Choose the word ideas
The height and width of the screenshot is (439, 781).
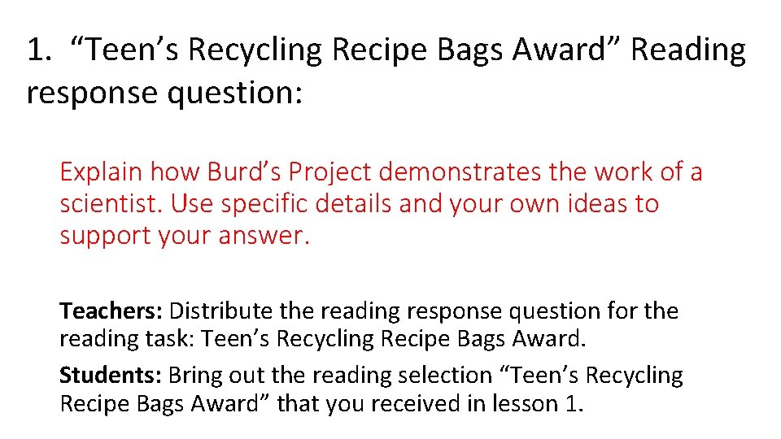pyautogui.click(x=600, y=204)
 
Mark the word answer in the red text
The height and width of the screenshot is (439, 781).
pyautogui.click(x=270, y=236)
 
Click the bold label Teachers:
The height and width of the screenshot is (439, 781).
pyautogui.click(x=111, y=311)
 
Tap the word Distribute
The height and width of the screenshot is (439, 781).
pyautogui.click(x=221, y=311)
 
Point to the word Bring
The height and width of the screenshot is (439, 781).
pyautogui.click(x=195, y=375)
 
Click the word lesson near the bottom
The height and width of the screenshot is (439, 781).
pyautogui.click(x=515, y=404)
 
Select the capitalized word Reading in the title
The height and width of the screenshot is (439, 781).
pyautogui.click(x=687, y=50)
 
